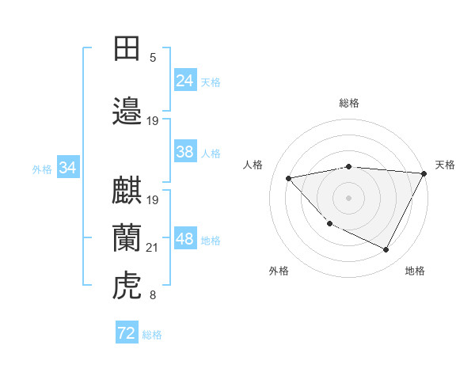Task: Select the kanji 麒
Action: pos(127,191)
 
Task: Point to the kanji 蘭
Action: pos(127,238)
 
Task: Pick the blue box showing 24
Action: pos(184,81)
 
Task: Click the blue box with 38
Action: pos(184,152)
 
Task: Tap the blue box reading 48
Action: pos(184,239)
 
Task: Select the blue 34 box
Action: pos(67,168)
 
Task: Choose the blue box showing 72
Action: pos(126,333)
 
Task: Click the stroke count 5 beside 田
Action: pos(153,57)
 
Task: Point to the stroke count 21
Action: pos(153,248)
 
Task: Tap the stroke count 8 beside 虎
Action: pos(153,296)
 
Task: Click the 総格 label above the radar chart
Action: pos(349,103)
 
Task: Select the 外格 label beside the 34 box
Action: pos(42,169)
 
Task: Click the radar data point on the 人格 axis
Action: pos(289,178)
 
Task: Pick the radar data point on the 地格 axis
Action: pos(386,249)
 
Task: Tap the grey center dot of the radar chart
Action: pos(349,197)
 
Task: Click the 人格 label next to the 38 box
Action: pos(211,153)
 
